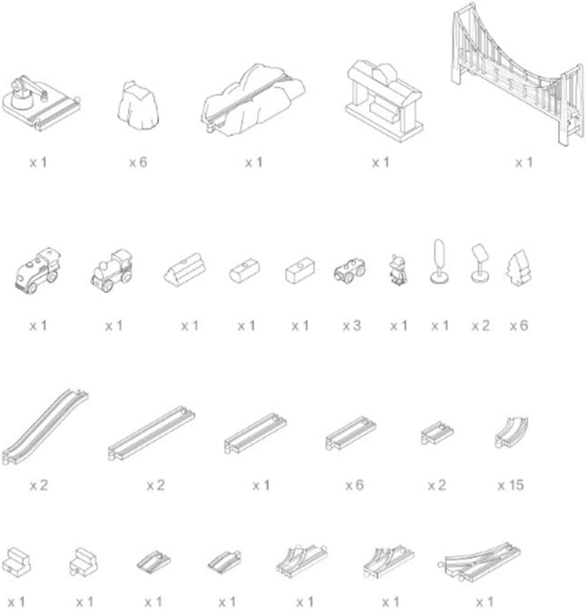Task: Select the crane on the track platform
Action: [x=41, y=103]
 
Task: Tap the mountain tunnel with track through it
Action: [x=253, y=100]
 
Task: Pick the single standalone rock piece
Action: [x=138, y=105]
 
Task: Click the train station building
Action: [x=384, y=101]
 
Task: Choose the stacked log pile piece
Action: [x=184, y=269]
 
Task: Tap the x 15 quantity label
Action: [x=511, y=485]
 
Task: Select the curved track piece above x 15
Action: [x=511, y=432]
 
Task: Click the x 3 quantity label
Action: [x=352, y=325]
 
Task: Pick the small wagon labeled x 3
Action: [x=350, y=270]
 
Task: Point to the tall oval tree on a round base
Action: [x=439, y=261]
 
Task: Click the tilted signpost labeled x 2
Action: [x=480, y=263]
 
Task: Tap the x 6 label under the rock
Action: [x=138, y=162]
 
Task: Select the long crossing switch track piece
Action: [x=479, y=561]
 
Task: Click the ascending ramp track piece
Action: [x=44, y=426]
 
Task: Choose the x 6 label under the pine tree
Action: [x=519, y=325]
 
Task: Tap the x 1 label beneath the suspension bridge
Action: [x=524, y=162]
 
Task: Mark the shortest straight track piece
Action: [x=437, y=433]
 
